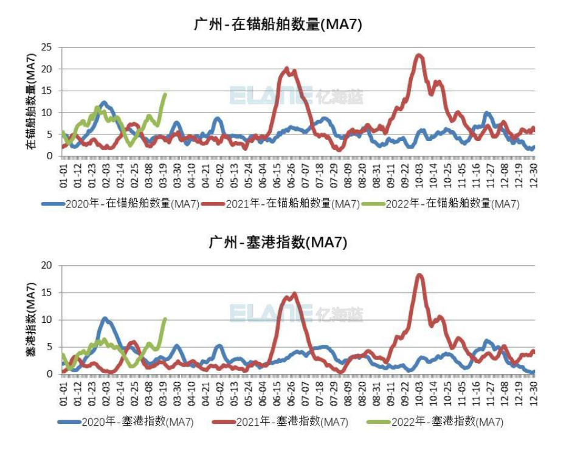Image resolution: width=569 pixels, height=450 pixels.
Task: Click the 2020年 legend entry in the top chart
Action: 122,204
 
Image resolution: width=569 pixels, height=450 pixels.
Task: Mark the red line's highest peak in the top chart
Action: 418,55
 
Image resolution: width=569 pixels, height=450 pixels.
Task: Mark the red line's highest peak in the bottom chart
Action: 419,275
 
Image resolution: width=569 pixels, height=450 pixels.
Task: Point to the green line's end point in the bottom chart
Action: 165,319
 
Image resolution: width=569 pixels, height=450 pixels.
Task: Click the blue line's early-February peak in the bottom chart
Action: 105,318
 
